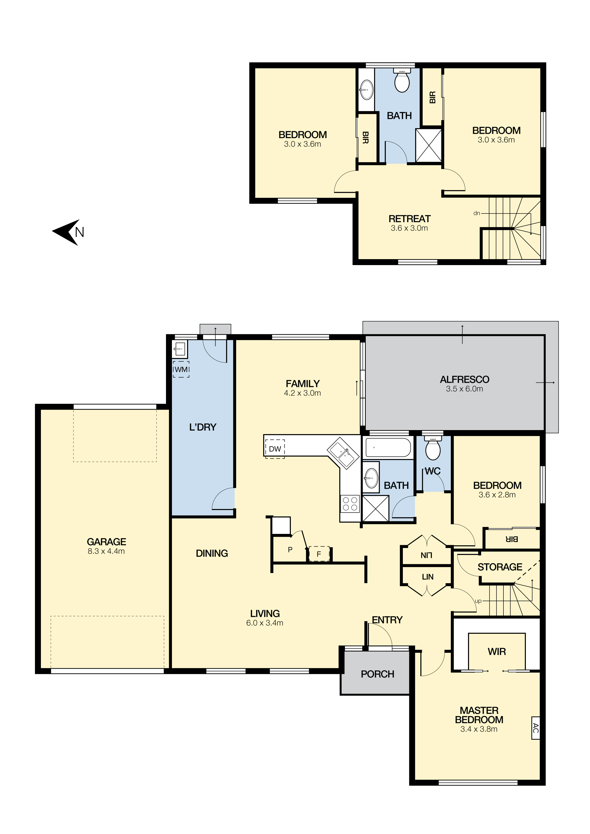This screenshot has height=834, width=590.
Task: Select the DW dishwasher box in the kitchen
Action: click(x=275, y=449)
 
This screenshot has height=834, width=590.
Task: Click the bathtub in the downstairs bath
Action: click(x=388, y=447)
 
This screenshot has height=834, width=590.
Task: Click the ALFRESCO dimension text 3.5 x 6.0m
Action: click(x=465, y=389)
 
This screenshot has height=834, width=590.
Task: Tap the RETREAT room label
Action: click(x=410, y=219)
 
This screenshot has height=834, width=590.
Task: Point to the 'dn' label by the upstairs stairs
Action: click(x=477, y=213)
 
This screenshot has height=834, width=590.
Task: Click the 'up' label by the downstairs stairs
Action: click(x=478, y=601)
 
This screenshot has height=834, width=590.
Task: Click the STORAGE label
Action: click(x=500, y=567)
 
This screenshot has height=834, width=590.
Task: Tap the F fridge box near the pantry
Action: click(x=319, y=554)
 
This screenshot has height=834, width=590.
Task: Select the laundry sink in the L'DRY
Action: click(x=180, y=349)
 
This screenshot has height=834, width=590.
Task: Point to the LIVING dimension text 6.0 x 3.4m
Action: click(x=265, y=623)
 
